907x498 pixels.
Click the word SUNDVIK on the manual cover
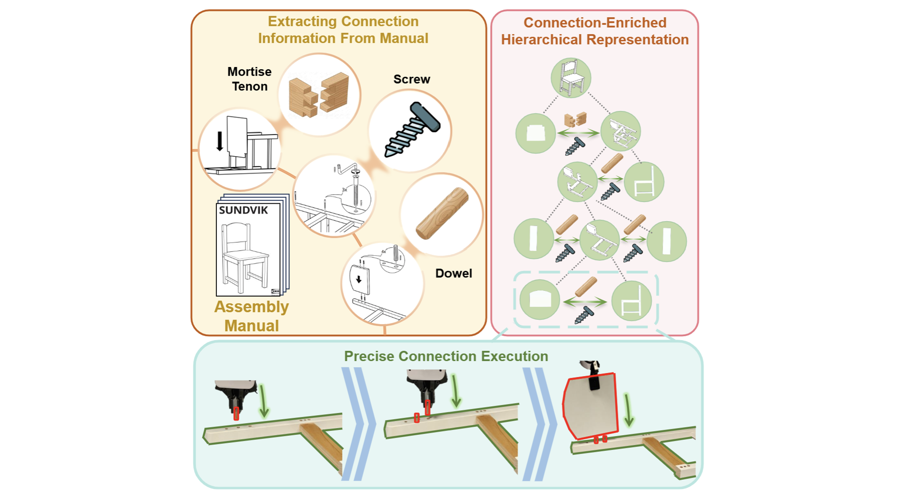pos(243,211)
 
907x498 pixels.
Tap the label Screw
pos(411,79)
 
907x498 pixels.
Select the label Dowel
pos(453,273)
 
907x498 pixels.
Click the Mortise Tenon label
pos(249,79)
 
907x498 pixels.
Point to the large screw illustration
pos(412,129)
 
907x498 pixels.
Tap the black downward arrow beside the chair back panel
pos(219,141)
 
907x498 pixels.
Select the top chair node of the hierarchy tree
pos(570,78)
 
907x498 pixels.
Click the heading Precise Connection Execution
pos(446,356)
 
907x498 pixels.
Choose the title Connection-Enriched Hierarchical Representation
pos(595,31)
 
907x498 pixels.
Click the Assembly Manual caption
pos(251,316)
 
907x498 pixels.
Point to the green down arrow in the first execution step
pos(263,402)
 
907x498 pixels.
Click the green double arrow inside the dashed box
pos(585,302)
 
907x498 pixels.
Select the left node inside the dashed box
pos(539,300)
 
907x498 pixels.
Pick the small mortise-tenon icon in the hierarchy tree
pos(575,120)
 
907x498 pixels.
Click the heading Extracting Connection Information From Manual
pos(343,30)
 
